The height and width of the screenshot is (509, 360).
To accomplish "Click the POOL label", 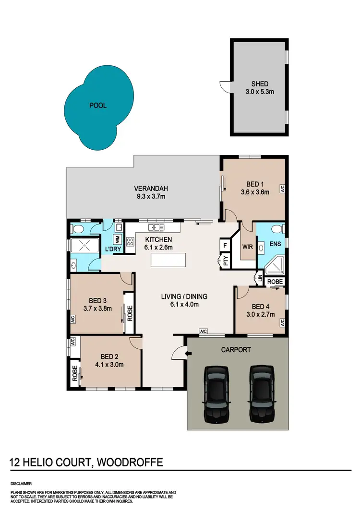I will [x=98, y=106].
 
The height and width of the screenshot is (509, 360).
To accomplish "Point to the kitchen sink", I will [x=156, y=227].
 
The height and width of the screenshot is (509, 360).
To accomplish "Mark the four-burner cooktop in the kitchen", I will [x=130, y=242].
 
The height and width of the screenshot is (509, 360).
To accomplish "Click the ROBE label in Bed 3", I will [x=129, y=312].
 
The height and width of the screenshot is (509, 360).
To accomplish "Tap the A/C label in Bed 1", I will [x=283, y=188].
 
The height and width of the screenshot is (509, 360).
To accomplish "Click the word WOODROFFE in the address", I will [x=130, y=462].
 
